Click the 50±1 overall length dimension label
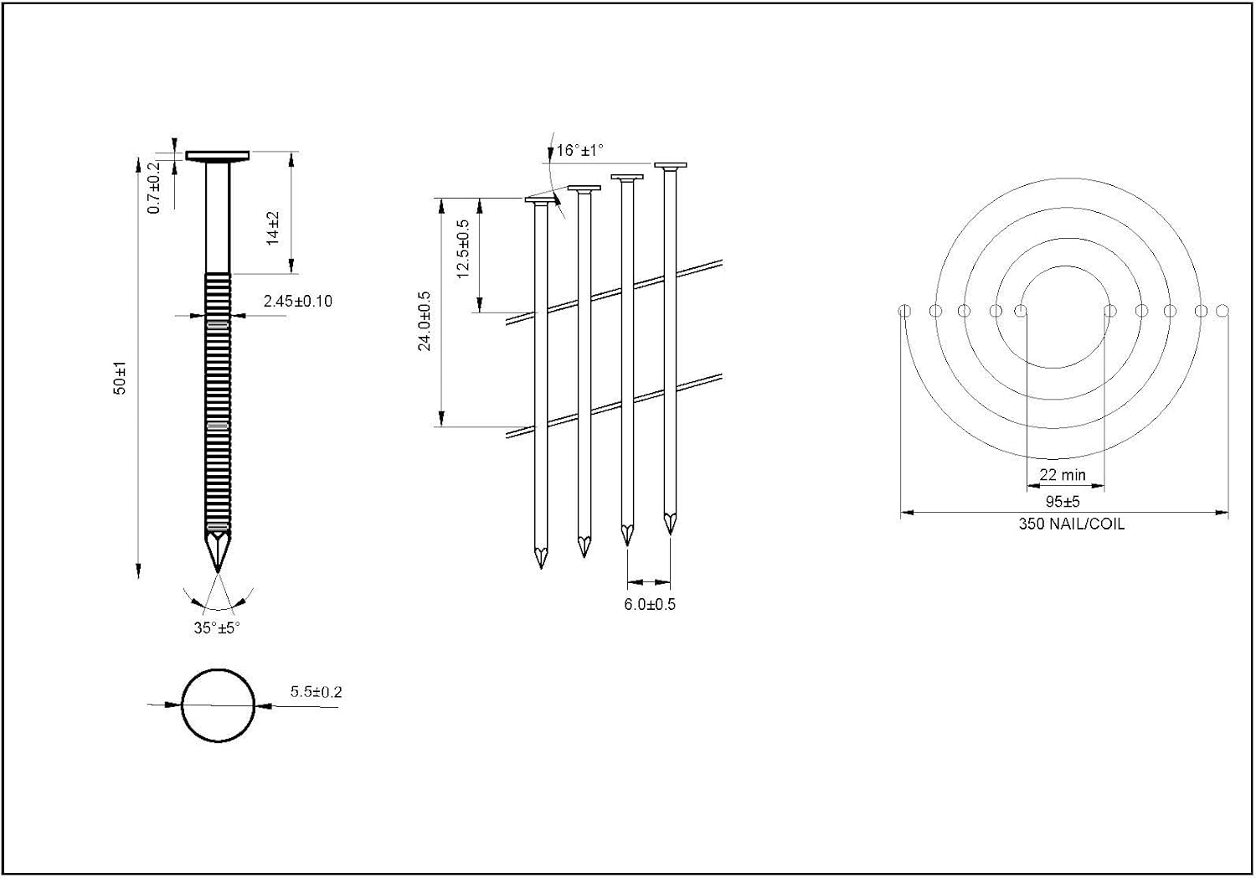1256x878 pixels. (120, 378)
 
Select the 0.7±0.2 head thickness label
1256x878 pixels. (154, 188)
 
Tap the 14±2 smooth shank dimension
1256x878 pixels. (272, 229)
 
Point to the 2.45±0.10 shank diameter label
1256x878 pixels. (298, 302)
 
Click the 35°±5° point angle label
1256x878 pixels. (217, 628)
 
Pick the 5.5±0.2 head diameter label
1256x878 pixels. (316, 692)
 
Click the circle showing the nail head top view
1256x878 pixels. (218, 669)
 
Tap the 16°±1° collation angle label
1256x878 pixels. (579, 150)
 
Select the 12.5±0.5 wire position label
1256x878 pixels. (463, 249)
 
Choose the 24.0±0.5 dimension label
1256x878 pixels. (425, 321)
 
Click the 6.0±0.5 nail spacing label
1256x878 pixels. (650, 604)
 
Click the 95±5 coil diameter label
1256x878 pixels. (1063, 502)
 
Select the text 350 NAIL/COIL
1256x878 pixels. (1072, 524)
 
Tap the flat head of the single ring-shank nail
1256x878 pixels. (218, 156)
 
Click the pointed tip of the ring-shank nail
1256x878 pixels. (218, 572)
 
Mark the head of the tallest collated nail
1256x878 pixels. (671, 166)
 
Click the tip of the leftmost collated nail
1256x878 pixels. (541, 568)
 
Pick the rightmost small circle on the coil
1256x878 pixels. (1223, 310)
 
